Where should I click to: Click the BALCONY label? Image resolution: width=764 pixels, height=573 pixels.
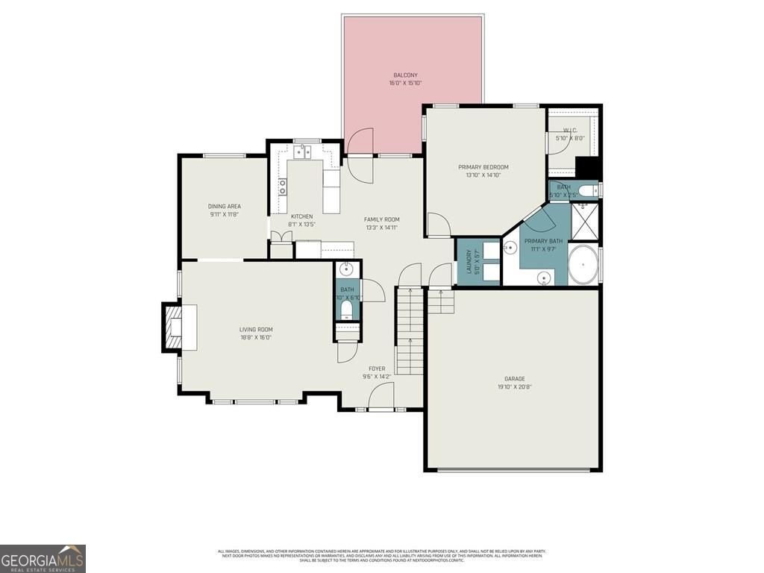[x=405, y=75]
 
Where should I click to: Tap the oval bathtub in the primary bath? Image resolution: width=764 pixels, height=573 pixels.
[x=583, y=266]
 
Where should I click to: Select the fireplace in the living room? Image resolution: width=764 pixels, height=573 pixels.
[x=172, y=327]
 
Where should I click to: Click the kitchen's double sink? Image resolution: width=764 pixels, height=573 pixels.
[x=302, y=153]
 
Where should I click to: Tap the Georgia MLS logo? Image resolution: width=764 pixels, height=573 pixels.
[x=43, y=558]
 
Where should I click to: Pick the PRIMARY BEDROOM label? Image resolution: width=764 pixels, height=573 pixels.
[x=483, y=167]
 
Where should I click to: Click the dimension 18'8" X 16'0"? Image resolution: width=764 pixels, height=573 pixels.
[x=255, y=337]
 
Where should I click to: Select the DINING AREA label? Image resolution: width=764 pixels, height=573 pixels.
[x=224, y=207]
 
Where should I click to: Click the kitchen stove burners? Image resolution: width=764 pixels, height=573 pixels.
[x=283, y=187]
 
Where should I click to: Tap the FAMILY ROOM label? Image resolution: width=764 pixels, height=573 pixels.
[x=381, y=219]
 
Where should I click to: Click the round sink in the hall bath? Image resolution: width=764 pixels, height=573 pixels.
[x=348, y=269]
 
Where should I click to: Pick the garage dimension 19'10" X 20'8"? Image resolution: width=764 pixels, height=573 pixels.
[x=514, y=387]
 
